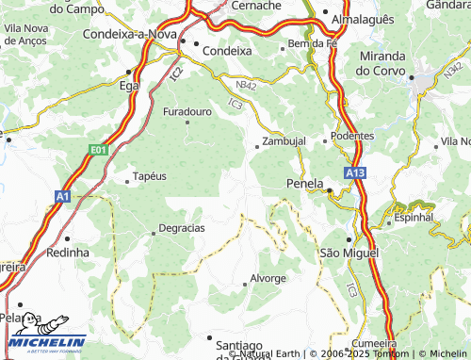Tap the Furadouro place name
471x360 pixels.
tap(187, 111)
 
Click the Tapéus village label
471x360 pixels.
tap(150, 175)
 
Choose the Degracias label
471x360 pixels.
tap(182, 228)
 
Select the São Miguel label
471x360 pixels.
tap(349, 254)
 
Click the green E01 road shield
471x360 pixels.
tap(99, 149)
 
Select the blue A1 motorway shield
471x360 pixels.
tap(62, 196)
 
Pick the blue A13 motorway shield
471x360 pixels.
tap(354, 173)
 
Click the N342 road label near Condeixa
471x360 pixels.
tap(246, 86)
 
